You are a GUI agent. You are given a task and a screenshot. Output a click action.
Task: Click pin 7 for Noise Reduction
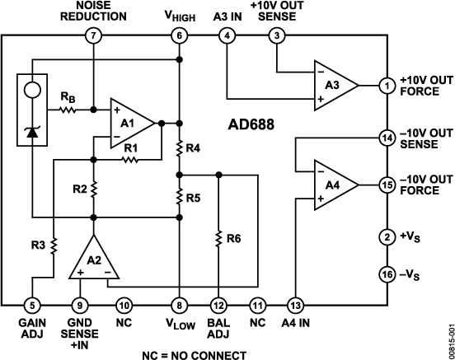click(94, 35)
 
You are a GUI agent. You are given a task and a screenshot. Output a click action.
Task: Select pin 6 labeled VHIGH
click(179, 35)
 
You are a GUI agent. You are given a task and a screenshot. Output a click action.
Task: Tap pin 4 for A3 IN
click(227, 35)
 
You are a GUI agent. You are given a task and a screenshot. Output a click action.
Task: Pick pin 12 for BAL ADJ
click(218, 304)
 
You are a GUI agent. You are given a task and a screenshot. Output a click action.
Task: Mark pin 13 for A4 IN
click(294, 304)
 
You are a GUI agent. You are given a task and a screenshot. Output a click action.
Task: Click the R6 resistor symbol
click(218, 238)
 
